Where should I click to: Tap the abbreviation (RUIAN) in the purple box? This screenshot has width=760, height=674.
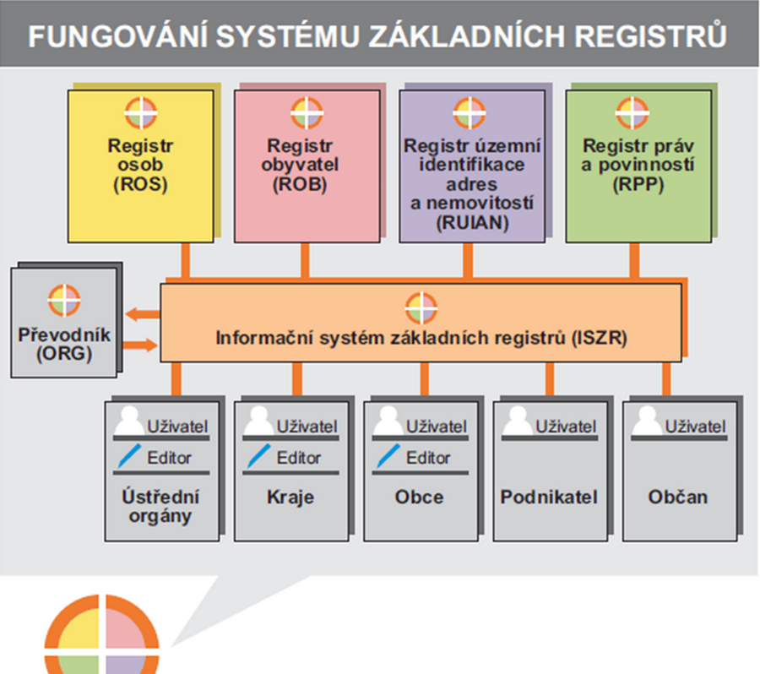(473, 223)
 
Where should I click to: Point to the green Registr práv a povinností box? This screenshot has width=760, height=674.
(638, 165)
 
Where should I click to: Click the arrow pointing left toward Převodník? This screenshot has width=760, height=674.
(147, 314)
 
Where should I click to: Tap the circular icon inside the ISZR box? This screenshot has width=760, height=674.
(421, 307)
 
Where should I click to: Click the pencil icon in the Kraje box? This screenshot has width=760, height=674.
(255, 457)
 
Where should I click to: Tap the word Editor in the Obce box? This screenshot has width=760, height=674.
(428, 458)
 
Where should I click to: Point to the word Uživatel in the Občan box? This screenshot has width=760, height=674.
(695, 426)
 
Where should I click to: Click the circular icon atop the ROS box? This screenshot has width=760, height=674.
(140, 113)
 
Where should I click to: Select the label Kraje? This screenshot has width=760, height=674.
(289, 496)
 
